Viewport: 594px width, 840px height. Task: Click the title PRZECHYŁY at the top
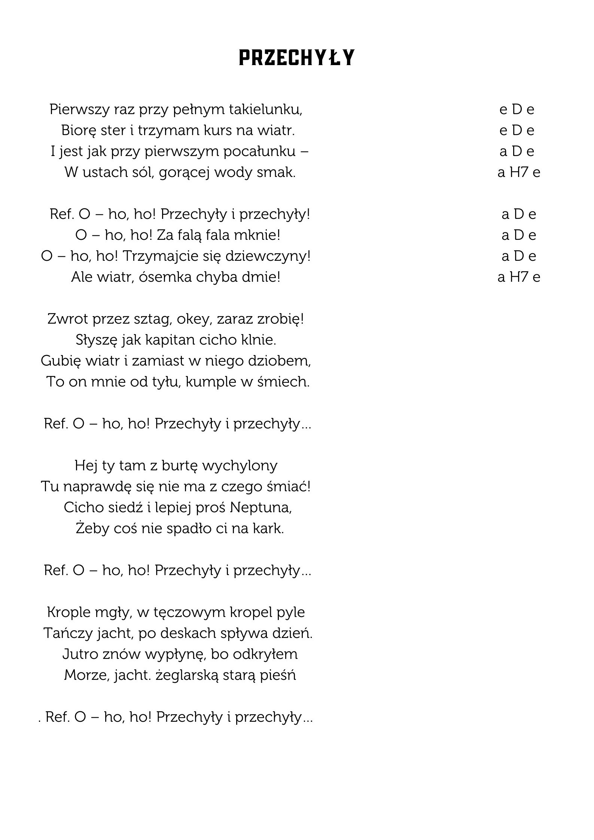(x=296, y=58)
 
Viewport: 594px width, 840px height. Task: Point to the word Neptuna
(x=261, y=508)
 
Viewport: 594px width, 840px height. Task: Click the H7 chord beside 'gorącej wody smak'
(x=518, y=172)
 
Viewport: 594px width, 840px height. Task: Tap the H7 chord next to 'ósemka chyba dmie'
(x=518, y=277)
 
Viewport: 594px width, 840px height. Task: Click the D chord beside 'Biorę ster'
(x=517, y=131)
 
